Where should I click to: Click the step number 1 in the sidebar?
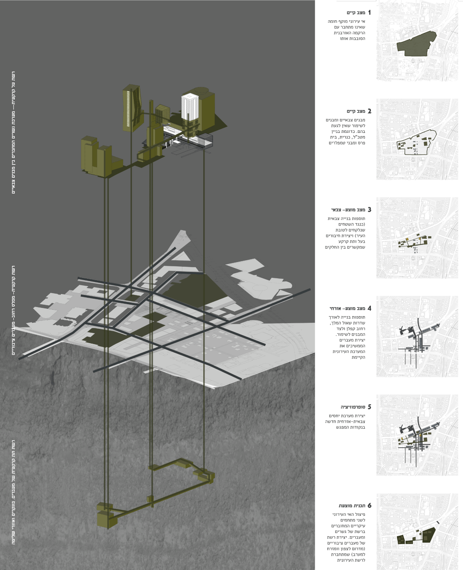tap(369, 13)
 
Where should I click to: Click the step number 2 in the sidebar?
tap(369, 112)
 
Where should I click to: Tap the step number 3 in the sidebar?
tap(369, 210)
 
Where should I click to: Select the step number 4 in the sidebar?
tap(369, 308)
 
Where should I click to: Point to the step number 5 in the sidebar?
tap(369, 407)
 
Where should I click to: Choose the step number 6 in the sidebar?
tap(369, 505)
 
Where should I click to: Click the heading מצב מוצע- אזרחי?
tap(348, 308)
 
